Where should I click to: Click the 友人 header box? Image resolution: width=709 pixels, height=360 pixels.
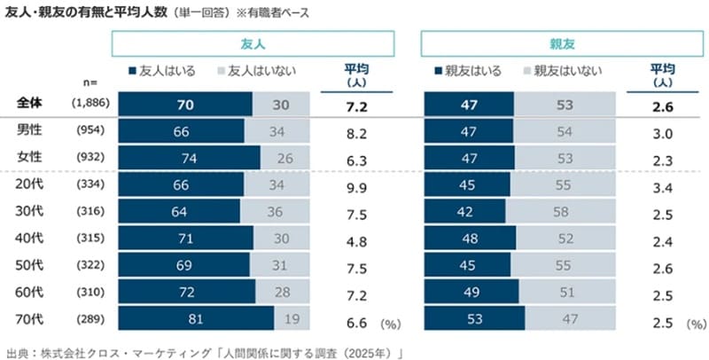click(x=253, y=43)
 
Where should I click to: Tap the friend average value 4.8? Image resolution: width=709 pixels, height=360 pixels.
click(x=358, y=239)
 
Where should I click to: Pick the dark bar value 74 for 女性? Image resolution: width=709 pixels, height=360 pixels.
click(x=189, y=158)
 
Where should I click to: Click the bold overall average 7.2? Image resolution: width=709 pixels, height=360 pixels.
click(x=358, y=105)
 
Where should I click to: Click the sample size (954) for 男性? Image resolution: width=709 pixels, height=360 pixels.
click(x=90, y=131)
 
